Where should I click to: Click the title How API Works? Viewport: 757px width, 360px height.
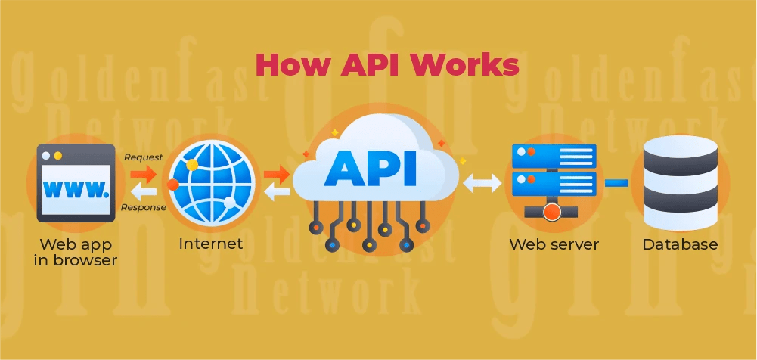click(x=386, y=65)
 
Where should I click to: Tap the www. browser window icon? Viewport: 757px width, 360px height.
click(x=76, y=182)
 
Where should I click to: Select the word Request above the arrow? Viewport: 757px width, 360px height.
click(x=143, y=157)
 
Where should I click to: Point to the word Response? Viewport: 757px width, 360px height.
click(x=143, y=207)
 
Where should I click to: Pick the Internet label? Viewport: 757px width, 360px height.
click(x=211, y=244)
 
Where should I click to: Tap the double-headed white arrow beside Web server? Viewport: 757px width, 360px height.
click(x=482, y=182)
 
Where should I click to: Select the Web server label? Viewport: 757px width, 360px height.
click(x=554, y=244)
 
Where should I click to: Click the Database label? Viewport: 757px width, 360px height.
click(x=680, y=244)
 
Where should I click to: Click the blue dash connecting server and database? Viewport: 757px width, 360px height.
click(x=616, y=182)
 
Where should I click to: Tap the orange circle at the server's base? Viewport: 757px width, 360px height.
click(x=552, y=212)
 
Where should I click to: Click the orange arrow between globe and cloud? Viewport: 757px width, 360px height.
click(x=278, y=174)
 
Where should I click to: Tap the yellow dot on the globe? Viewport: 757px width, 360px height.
click(x=192, y=164)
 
